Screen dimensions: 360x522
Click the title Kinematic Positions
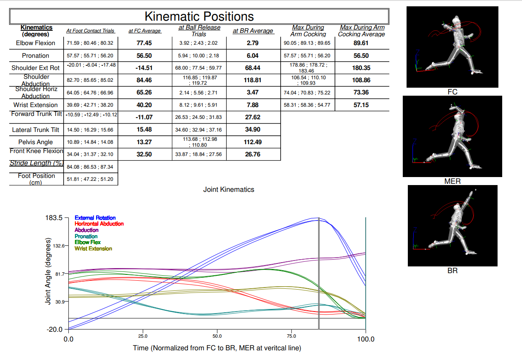(x=199, y=16)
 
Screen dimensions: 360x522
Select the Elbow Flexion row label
(x=35, y=43)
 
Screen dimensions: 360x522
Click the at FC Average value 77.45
(x=144, y=43)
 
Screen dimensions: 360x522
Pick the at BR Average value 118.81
(x=252, y=80)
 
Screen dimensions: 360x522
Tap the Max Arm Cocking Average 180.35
(x=361, y=68)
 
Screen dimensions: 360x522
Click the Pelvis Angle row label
(x=35, y=142)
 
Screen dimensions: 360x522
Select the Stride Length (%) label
(x=37, y=163)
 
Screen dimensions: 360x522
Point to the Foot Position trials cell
(x=90, y=179)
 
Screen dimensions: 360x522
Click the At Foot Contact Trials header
(x=90, y=31)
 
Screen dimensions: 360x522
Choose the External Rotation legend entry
(x=95, y=218)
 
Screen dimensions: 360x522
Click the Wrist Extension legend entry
(x=93, y=249)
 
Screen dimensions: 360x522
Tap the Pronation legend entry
(x=86, y=236)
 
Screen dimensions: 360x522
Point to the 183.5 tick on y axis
(x=54, y=218)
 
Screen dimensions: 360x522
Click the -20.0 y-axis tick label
(x=54, y=329)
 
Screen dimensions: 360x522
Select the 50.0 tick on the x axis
(x=217, y=336)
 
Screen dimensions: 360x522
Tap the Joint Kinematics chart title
(x=228, y=190)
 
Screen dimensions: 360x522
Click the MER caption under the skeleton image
(x=452, y=181)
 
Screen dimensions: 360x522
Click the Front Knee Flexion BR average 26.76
(x=252, y=154)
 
